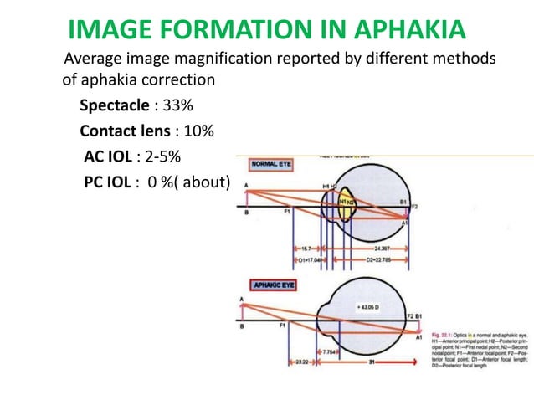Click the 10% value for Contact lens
pos(197,131)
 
